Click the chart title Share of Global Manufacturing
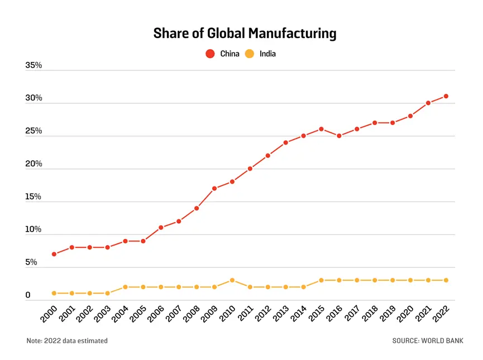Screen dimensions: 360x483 pyautogui.click(x=245, y=33)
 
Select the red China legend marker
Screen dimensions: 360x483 pyautogui.click(x=211, y=54)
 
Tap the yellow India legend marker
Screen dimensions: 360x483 pyautogui.click(x=250, y=54)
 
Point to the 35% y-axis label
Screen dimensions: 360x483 pyautogui.click(x=34, y=65)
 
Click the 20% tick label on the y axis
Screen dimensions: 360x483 pyautogui.click(x=34, y=164)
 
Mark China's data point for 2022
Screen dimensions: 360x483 pyautogui.click(x=446, y=96)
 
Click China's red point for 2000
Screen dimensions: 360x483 pyautogui.click(x=54, y=254)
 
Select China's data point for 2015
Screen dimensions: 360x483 pyautogui.click(x=321, y=129)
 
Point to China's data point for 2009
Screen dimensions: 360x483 pyautogui.click(x=214, y=188)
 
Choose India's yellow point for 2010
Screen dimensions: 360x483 pyautogui.click(x=232, y=280)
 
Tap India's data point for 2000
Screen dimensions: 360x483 pyautogui.click(x=54, y=293)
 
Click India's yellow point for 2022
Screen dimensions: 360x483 pyautogui.click(x=446, y=280)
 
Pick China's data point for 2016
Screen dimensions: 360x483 pyautogui.click(x=339, y=136)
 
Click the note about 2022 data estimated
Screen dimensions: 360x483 pyautogui.click(x=67, y=340)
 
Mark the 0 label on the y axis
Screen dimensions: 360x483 pyautogui.click(x=28, y=295)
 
